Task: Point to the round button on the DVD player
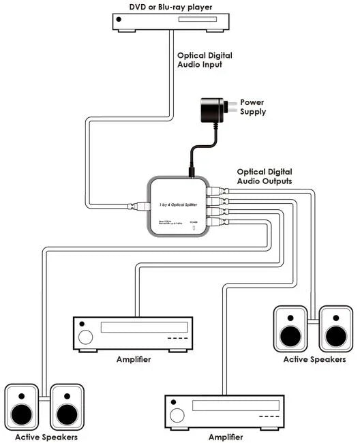click(x=120, y=22)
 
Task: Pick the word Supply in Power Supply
click(x=253, y=112)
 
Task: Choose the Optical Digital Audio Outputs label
click(x=265, y=177)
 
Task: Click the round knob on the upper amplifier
click(x=85, y=337)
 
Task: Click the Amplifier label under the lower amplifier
click(x=224, y=436)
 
